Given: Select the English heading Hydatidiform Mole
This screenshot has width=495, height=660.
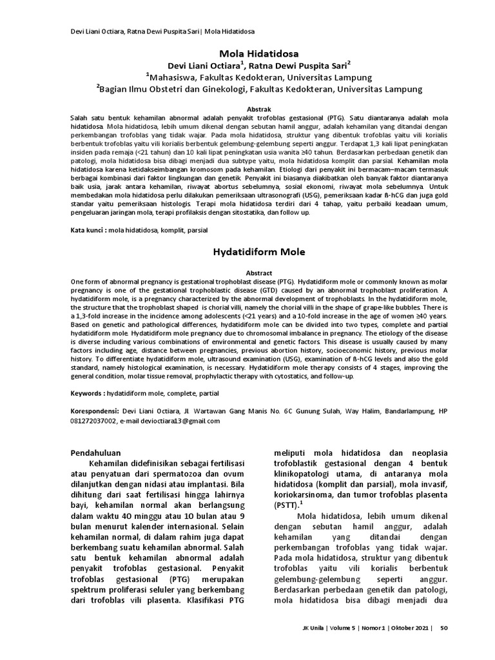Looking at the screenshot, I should click(x=251, y=251).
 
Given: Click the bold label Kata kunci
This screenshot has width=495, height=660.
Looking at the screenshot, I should click(x=88, y=229).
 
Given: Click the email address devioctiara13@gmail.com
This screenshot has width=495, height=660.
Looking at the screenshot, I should click(x=171, y=420).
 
